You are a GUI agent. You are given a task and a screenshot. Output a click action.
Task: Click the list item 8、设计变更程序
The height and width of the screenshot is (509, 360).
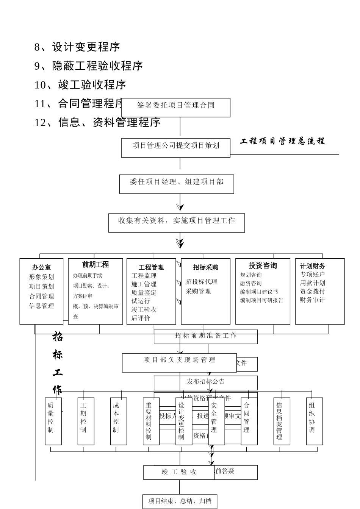(77, 47)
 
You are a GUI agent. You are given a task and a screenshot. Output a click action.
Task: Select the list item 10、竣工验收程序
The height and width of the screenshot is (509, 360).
(80, 85)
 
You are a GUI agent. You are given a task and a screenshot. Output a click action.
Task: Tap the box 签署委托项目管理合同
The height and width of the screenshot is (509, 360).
(176, 106)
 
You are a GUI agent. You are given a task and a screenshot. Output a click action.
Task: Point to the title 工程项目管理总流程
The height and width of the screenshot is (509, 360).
(282, 141)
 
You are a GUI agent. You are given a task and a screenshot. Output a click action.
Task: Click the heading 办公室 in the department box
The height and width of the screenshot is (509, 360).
(41, 267)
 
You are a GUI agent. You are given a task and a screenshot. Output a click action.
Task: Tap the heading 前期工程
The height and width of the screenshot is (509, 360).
(95, 265)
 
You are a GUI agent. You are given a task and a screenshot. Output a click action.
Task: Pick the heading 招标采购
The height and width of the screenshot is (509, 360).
(206, 267)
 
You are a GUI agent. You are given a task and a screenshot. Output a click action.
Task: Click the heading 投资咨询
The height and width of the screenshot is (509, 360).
(263, 266)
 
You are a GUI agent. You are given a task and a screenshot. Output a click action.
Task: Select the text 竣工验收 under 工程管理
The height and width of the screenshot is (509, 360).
(144, 309)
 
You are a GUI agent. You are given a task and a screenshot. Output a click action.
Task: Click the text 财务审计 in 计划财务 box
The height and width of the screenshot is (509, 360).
(313, 300)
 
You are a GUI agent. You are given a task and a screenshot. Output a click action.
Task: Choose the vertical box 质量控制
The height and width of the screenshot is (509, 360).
(53, 421)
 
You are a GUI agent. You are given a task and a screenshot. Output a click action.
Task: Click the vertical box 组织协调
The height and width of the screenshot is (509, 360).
(315, 421)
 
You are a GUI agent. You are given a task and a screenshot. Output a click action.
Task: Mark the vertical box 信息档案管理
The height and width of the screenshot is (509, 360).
(282, 421)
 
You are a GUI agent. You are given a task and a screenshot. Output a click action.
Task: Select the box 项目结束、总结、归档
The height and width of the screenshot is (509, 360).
(180, 501)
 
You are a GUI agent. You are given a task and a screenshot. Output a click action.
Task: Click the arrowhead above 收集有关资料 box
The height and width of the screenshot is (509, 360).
(180, 207)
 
